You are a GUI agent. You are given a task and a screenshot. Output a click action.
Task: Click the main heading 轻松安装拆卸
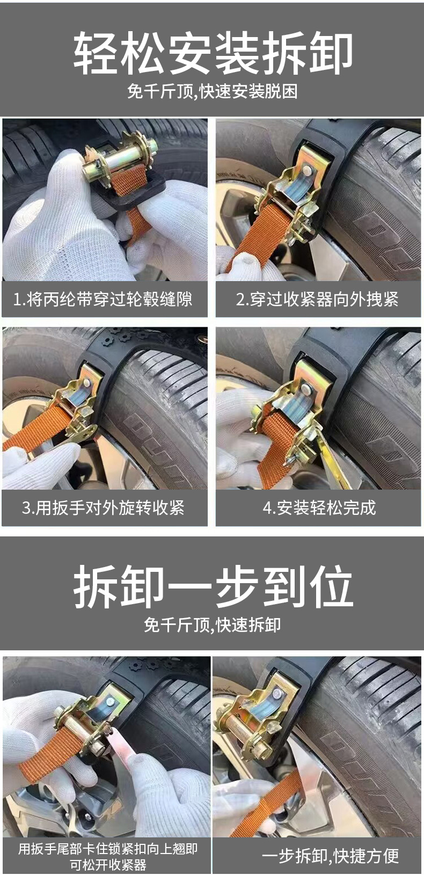click(213, 53)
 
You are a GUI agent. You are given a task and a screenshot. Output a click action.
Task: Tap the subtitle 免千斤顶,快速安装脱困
click(213, 91)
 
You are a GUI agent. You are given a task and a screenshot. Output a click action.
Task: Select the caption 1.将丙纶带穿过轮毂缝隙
click(103, 299)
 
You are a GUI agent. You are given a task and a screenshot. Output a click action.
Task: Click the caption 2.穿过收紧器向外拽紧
click(317, 299)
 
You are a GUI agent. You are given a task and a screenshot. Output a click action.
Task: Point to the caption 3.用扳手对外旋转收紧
click(103, 507)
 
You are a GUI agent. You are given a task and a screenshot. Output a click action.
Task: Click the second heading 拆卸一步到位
click(213, 586)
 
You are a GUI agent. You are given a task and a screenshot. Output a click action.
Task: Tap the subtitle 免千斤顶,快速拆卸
click(213, 625)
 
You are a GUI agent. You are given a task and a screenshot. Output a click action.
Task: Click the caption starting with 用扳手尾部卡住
click(107, 856)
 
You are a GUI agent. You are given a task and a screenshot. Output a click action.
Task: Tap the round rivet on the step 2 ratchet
click(306, 170)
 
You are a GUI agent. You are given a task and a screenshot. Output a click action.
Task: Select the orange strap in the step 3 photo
click(38, 433)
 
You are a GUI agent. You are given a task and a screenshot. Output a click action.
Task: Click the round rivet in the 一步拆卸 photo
click(277, 693)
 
